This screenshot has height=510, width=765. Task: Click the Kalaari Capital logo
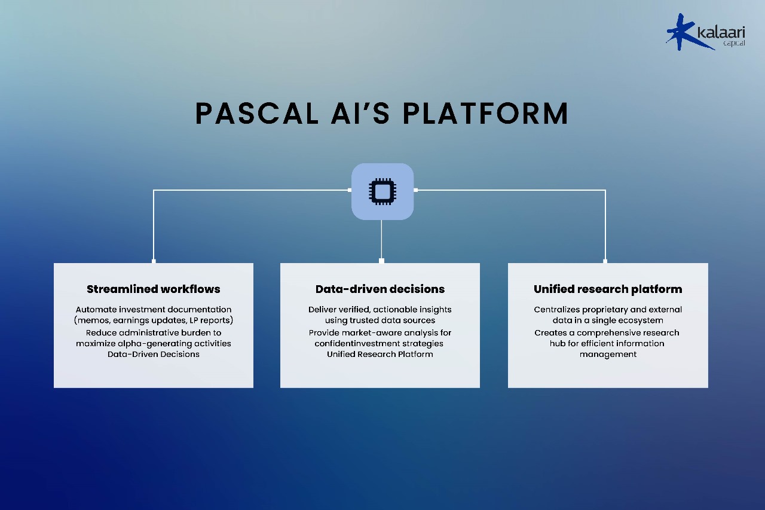pos(705,32)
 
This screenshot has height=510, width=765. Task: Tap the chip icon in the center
pos(382,191)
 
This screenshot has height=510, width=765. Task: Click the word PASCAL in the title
pos(257,114)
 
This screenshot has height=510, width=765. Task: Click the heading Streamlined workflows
pos(154,289)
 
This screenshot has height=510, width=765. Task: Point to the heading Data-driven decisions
pos(380,289)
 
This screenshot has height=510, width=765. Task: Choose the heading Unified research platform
pos(608,289)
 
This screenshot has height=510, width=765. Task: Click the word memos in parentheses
pos(92,320)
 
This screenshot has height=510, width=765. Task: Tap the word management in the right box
pos(608,354)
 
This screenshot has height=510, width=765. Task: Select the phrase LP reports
pos(212,320)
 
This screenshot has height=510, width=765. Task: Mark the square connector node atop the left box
pos(154,261)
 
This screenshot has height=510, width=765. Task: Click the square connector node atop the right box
pos(605,261)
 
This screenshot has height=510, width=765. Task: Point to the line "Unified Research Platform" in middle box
pos(380,354)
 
